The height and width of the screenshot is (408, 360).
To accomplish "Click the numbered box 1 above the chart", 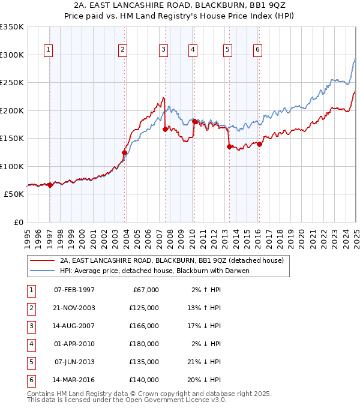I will tap(47, 50).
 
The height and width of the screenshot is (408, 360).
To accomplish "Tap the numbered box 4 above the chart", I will tap(193, 50).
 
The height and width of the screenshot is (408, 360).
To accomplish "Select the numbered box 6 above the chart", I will tap(257, 50).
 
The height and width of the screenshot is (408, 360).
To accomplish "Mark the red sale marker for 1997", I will tap(50, 185).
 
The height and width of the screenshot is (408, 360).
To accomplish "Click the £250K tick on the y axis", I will tap(12, 83).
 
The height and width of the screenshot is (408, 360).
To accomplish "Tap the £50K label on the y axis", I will tap(14, 194).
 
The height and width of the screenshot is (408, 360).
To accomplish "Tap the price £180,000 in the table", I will tap(144, 344).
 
